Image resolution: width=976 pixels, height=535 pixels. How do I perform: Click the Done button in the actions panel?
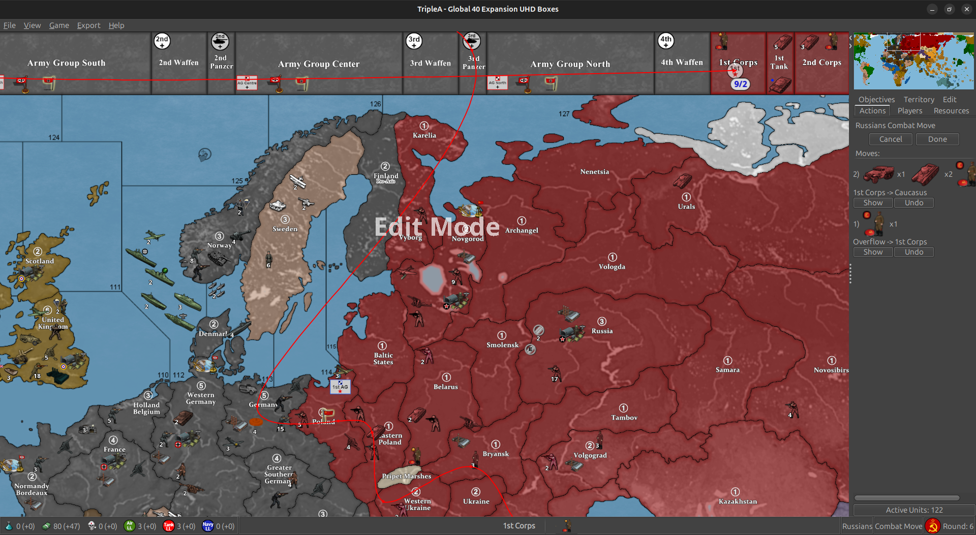tap(937, 139)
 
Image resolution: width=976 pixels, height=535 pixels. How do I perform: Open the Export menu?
tap(88, 25)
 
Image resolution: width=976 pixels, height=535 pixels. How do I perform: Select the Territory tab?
tap(919, 100)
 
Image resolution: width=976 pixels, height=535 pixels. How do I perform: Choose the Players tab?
tap(909, 111)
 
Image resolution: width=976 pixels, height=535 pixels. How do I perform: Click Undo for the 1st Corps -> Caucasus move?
tap(913, 203)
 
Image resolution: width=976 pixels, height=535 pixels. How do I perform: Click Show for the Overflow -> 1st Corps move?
tap(873, 252)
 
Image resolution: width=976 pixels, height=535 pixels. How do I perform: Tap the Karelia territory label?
tap(424, 135)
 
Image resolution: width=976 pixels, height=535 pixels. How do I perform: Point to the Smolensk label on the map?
tap(502, 345)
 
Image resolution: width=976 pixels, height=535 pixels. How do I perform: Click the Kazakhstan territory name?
tap(738, 501)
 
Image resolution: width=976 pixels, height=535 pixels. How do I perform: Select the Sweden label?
tap(285, 229)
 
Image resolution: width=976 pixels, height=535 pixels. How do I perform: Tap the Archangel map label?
tap(522, 230)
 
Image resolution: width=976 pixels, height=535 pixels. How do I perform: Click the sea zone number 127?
tap(564, 114)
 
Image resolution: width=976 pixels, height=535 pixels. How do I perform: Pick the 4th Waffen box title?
tap(682, 62)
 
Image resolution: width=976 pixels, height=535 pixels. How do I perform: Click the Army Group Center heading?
tap(318, 64)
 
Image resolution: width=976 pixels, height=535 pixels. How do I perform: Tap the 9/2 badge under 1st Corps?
tap(740, 84)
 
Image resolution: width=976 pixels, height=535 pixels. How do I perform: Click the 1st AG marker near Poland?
tap(340, 387)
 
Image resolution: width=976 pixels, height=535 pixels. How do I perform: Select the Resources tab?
tap(951, 111)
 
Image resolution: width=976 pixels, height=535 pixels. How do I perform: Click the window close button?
tap(966, 9)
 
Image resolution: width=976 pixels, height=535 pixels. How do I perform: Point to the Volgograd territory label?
tap(590, 455)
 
